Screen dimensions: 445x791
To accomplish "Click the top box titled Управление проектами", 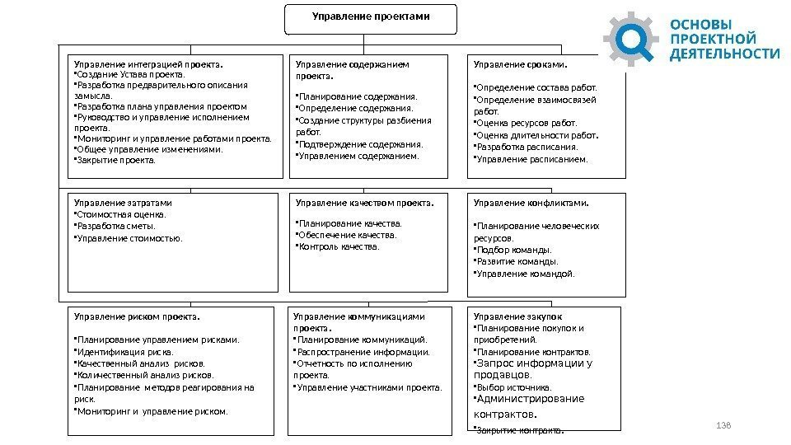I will (370, 18).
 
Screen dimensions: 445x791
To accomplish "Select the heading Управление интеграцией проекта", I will (149, 63).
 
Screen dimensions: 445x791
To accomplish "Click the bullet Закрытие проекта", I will (116, 160).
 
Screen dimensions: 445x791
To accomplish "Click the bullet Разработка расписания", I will (527, 147).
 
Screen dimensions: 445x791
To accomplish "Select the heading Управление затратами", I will (124, 201).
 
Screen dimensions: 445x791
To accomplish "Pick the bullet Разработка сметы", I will (117, 225).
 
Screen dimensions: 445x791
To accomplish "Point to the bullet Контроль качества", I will (339, 246).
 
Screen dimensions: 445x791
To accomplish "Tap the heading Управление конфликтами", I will (531, 201).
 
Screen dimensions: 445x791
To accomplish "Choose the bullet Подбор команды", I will (515, 250).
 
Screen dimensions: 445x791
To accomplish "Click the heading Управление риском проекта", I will (137, 316).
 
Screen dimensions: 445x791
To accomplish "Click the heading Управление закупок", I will (517, 316).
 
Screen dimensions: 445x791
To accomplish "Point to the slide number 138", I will (725, 425).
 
